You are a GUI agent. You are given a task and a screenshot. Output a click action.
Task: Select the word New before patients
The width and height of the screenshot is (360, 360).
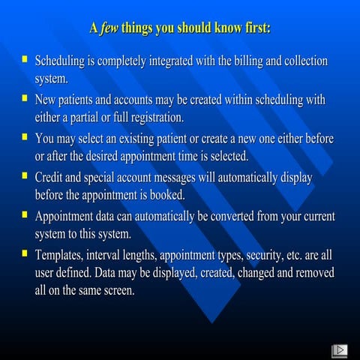[48, 100]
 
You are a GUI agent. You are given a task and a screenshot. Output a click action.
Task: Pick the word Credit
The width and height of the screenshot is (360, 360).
[52, 178]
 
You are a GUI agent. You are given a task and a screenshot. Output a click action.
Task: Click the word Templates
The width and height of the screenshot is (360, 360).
[64, 256]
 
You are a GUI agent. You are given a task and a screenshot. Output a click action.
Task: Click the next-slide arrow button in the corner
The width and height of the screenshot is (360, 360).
[338, 349]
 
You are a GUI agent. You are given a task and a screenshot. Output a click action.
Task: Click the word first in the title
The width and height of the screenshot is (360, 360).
[253, 28]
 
